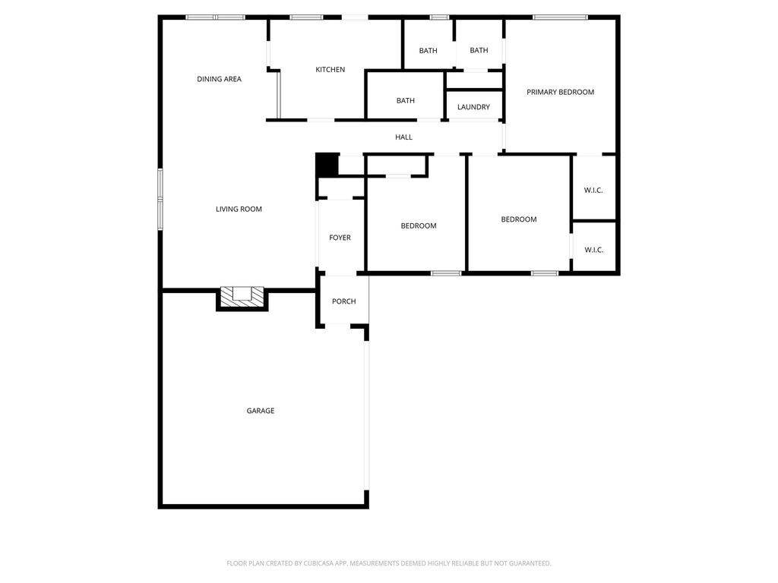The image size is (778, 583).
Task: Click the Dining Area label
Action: [x=219, y=79]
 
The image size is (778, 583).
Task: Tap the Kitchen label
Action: [x=330, y=69]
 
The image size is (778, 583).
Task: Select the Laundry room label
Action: [x=473, y=107]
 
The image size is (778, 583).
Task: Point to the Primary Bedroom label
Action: [x=560, y=92]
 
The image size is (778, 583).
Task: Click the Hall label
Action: [x=403, y=137]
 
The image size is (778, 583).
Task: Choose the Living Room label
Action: [x=239, y=210]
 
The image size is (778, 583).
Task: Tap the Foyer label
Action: [x=340, y=238]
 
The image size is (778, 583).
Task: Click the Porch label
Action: [x=344, y=301]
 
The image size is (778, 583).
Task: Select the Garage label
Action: [x=261, y=411]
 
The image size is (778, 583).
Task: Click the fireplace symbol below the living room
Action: [x=242, y=298]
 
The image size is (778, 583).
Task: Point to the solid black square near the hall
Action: [x=327, y=165]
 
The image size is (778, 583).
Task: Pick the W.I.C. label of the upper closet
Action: [x=593, y=191]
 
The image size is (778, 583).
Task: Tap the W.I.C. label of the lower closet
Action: [x=593, y=250]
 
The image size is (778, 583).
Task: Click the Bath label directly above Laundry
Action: [x=479, y=51]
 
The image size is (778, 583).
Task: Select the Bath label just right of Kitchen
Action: [x=428, y=51]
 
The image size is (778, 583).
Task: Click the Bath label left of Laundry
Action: [x=406, y=101]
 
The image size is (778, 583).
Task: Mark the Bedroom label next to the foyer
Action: [x=419, y=226]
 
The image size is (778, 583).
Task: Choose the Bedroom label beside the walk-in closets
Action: [x=518, y=219]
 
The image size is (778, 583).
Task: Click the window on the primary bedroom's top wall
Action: [x=560, y=17]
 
